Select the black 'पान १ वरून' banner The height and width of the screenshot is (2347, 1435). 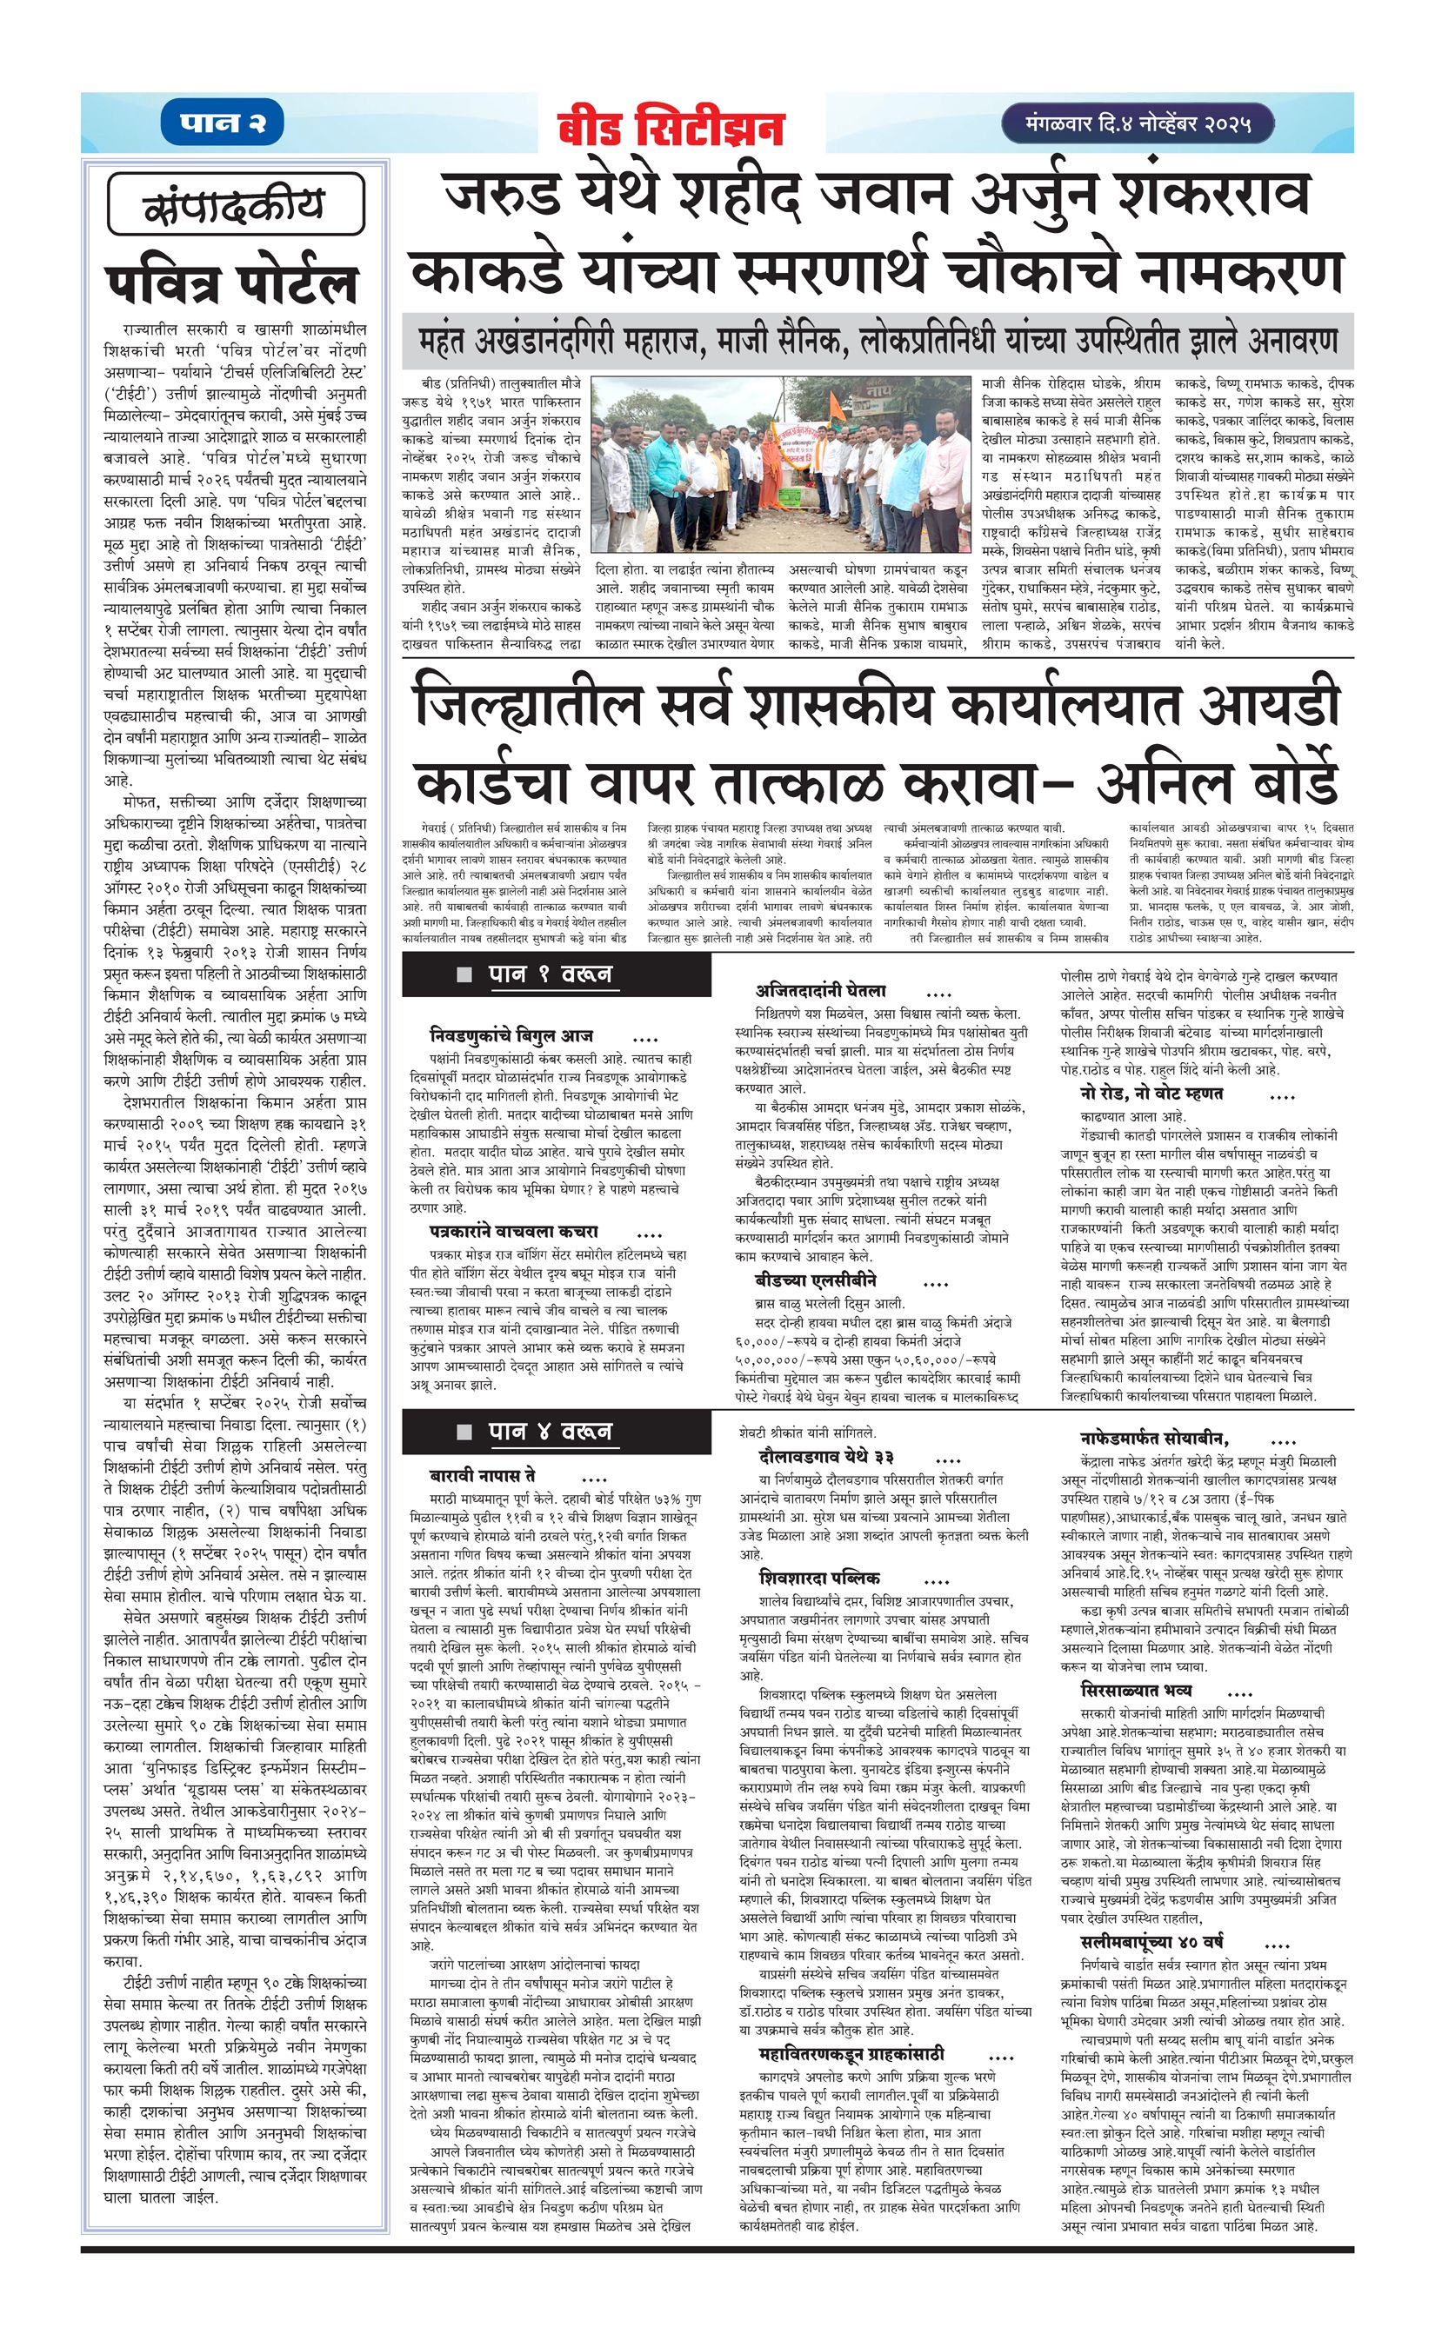click(x=557, y=974)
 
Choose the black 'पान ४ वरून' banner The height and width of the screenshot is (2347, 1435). click(x=557, y=1432)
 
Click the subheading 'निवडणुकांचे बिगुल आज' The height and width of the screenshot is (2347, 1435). click(x=511, y=1035)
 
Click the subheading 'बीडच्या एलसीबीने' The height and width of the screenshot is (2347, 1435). click(x=815, y=1280)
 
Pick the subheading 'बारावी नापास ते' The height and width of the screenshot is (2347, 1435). click(x=482, y=1475)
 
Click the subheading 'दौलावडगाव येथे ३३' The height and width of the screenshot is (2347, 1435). click(x=826, y=1458)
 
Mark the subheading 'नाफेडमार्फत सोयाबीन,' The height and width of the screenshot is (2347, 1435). click(x=1155, y=1439)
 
